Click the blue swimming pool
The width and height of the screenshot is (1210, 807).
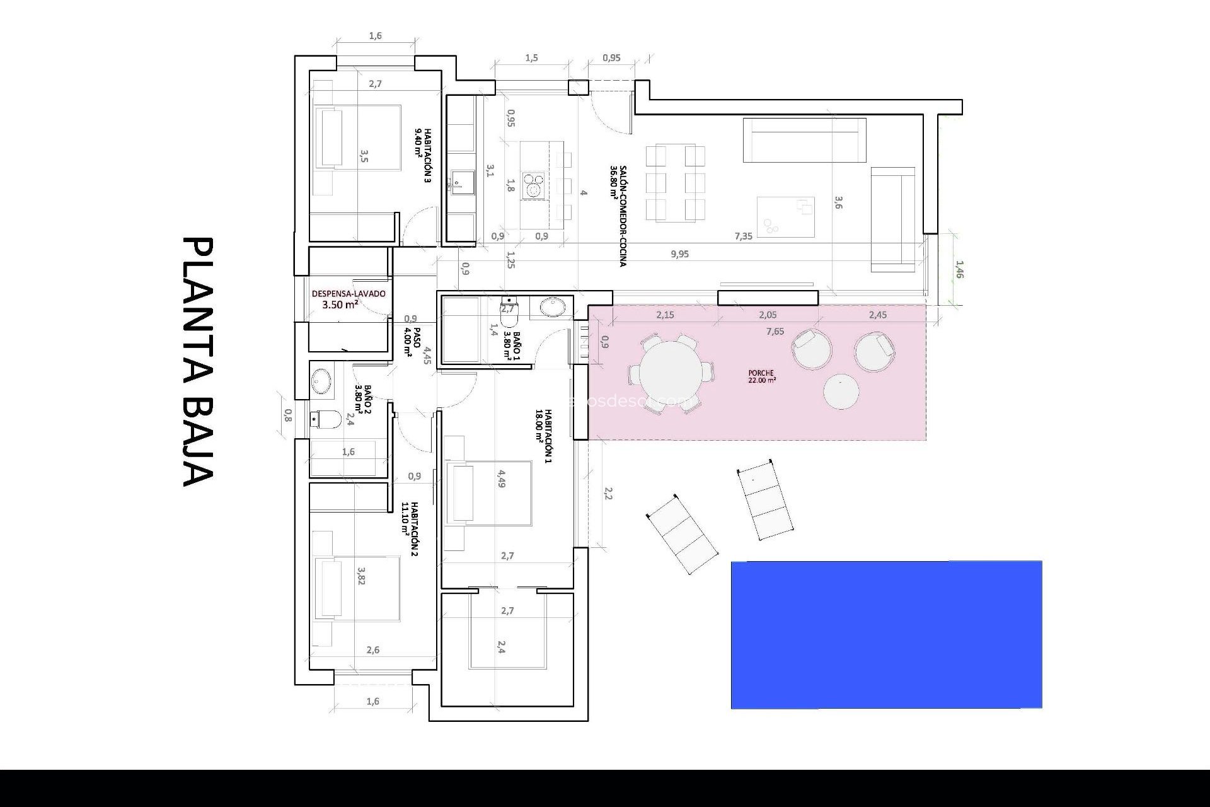click(x=886, y=634)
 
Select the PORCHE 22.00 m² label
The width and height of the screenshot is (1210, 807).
click(x=761, y=376)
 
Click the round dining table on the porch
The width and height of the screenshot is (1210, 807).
click(x=671, y=373)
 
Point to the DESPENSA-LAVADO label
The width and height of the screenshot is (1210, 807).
click(x=349, y=299)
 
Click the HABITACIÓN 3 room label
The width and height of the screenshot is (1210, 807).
click(x=423, y=155)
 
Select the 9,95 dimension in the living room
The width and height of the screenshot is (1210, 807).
click(x=679, y=254)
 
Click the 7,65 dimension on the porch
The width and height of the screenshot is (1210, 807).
click(x=775, y=332)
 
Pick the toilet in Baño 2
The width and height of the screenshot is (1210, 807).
click(x=326, y=418)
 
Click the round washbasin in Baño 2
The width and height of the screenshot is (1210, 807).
click(x=321, y=381)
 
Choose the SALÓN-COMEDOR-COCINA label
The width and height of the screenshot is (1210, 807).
click(x=618, y=216)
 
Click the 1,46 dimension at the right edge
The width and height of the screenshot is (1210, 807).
click(x=959, y=269)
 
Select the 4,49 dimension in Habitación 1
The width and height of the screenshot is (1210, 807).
click(x=502, y=479)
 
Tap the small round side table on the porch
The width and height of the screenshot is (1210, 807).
click(x=841, y=392)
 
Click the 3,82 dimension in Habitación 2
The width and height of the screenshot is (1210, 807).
click(x=361, y=576)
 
